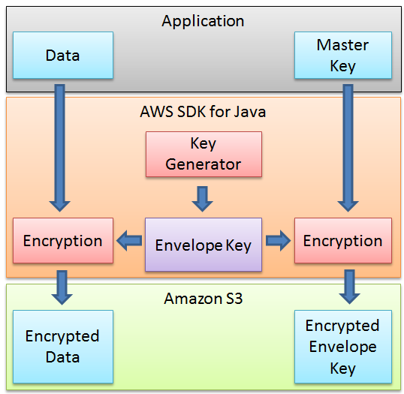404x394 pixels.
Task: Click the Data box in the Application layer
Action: pos(63,56)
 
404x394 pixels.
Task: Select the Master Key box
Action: pos(342,56)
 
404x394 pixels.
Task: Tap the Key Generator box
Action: pos(204,154)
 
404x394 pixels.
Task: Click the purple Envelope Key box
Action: pos(204,245)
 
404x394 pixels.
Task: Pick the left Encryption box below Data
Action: pos(63,241)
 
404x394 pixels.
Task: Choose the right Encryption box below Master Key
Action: pos(342,241)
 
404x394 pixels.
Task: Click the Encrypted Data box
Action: pos(63,346)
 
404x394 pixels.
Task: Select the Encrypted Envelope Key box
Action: pos(342,347)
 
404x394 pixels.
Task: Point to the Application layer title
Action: pos(203,21)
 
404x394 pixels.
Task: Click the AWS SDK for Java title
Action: pos(203,113)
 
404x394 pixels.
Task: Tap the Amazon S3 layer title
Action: pos(203,299)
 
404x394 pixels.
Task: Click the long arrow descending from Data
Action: pos(59,146)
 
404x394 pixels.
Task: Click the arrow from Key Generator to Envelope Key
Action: pos(203,197)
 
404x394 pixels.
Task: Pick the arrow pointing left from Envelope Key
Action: pos(128,241)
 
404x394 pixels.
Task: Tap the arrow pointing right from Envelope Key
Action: pos(278,241)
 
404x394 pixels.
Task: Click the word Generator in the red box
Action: pos(204,164)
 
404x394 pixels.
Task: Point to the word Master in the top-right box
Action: pos(342,45)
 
